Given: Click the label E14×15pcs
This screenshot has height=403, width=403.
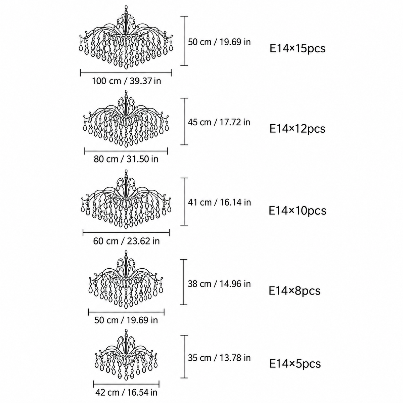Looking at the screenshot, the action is [x=298, y=48].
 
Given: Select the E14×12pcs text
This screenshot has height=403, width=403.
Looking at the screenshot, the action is [x=298, y=129].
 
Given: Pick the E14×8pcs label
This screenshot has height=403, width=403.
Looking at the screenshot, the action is [x=295, y=290].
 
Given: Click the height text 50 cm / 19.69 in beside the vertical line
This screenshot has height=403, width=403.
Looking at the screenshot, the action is [x=219, y=42].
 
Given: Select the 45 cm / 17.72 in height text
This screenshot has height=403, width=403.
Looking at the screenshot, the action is [x=219, y=122].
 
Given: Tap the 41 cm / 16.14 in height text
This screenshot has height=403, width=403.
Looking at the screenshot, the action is [x=219, y=202].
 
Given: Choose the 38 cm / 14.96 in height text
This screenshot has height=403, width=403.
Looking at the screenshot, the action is [x=219, y=284].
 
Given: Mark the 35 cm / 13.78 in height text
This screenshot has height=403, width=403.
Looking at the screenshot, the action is [x=219, y=358].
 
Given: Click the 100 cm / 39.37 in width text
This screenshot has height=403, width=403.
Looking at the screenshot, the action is [x=127, y=81].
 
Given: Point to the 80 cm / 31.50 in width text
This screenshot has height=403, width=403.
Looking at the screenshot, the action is [x=126, y=159].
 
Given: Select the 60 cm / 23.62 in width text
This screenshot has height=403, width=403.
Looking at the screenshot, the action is [x=126, y=241].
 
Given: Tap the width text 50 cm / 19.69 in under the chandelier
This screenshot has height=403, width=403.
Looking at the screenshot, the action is [x=126, y=320].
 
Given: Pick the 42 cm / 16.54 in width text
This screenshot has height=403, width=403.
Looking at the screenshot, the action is [x=126, y=392].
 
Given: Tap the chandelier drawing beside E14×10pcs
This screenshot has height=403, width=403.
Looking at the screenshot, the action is [x=126, y=199].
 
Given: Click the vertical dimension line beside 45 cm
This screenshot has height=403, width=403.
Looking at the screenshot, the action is [x=184, y=121].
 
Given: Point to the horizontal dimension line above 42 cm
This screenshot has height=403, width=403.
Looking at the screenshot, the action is [x=126, y=384].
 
